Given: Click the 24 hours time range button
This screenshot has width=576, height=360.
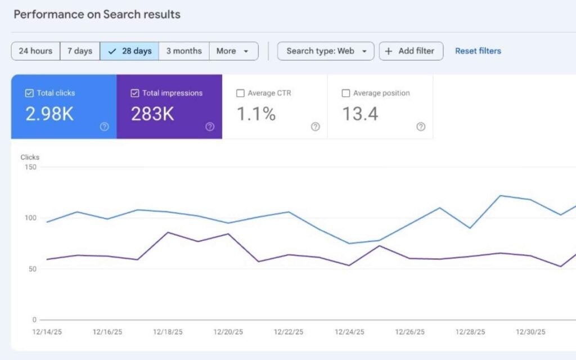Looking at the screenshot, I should pyautogui.click(x=35, y=51).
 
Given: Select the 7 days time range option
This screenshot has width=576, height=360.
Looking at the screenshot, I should pyautogui.click(x=80, y=51).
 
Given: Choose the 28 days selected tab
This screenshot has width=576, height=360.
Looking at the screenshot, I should pyautogui.click(x=129, y=51).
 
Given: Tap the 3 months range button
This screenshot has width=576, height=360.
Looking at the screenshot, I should pyautogui.click(x=184, y=51).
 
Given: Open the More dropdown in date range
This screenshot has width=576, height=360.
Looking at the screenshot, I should pyautogui.click(x=233, y=51).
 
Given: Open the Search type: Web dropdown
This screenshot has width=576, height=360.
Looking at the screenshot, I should pyautogui.click(x=326, y=51).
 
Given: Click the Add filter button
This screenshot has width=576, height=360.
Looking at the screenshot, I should pyautogui.click(x=411, y=51).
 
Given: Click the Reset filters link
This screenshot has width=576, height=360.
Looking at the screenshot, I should pyautogui.click(x=478, y=51).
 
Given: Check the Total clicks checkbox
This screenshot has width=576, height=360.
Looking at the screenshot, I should pyautogui.click(x=29, y=93).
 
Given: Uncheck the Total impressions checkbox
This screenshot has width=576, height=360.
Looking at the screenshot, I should pyautogui.click(x=134, y=93).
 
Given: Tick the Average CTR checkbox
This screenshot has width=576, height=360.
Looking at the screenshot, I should pyautogui.click(x=240, y=93).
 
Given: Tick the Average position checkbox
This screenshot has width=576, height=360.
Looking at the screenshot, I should pyautogui.click(x=346, y=93).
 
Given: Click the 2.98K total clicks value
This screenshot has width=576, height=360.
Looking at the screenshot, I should pyautogui.click(x=49, y=114).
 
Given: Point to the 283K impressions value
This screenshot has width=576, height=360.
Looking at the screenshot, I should pyautogui.click(x=152, y=114).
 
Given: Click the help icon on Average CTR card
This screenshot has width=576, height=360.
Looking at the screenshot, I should pyautogui.click(x=315, y=127).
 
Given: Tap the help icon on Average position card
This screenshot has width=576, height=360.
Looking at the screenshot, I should pyautogui.click(x=421, y=127).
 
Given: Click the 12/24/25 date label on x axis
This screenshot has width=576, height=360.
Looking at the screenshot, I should pyautogui.click(x=349, y=332).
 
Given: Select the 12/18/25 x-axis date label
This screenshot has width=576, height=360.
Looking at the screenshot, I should pyautogui.click(x=168, y=332).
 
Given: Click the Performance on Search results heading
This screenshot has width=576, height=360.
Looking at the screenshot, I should pyautogui.click(x=97, y=15).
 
